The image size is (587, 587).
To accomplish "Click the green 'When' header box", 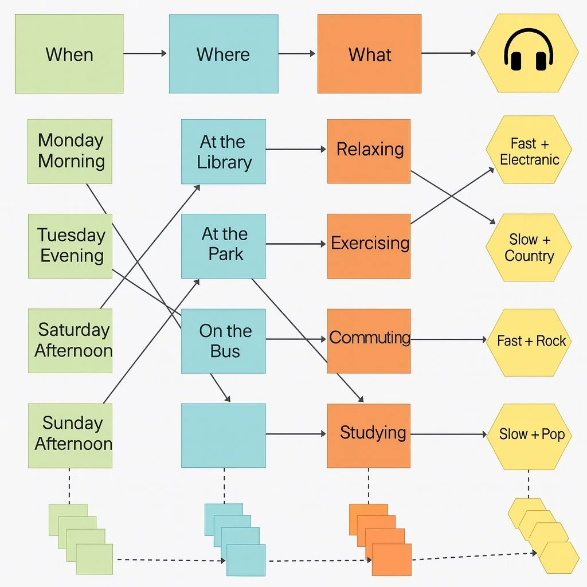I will coord(69,54).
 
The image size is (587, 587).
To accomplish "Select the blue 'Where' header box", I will coord(223,54).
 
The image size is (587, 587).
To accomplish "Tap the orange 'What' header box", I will coord(369,54).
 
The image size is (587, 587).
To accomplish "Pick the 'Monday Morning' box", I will coord(70,151).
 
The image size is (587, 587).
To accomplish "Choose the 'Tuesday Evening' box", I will coord(70,246).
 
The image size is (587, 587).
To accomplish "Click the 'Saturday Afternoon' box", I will coord(70,341).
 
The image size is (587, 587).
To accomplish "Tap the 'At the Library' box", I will coord(223,151).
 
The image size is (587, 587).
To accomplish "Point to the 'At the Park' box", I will coord(223,246).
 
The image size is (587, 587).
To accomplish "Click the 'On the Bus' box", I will coord(223,341).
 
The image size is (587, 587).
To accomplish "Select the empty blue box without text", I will coord(223,435).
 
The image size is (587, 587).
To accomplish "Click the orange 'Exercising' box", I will coord(369,246).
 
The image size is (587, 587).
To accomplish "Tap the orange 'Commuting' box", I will coord(369,341).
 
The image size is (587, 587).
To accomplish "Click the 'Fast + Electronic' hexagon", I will coord(529,150).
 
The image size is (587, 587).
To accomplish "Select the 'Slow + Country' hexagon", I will coord(529,248).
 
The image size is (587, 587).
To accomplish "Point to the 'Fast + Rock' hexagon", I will coord(529,342).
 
